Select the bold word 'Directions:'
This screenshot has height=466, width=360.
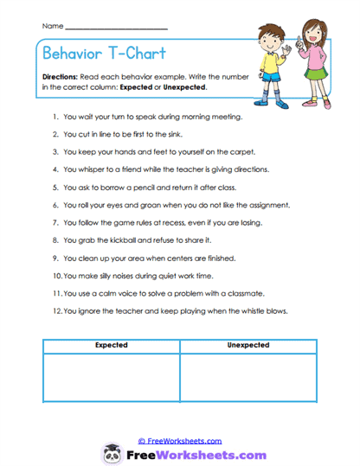[x=61, y=76]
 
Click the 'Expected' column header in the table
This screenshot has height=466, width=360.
[x=111, y=345]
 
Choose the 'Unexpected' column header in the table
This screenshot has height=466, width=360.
[x=248, y=345]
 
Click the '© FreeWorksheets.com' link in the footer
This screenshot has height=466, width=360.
[x=180, y=440]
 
